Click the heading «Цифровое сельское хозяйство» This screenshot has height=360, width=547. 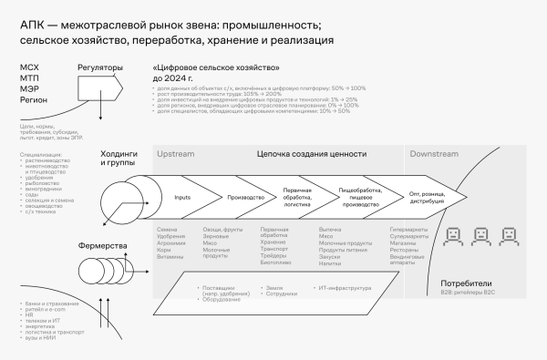(x=216, y=68)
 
